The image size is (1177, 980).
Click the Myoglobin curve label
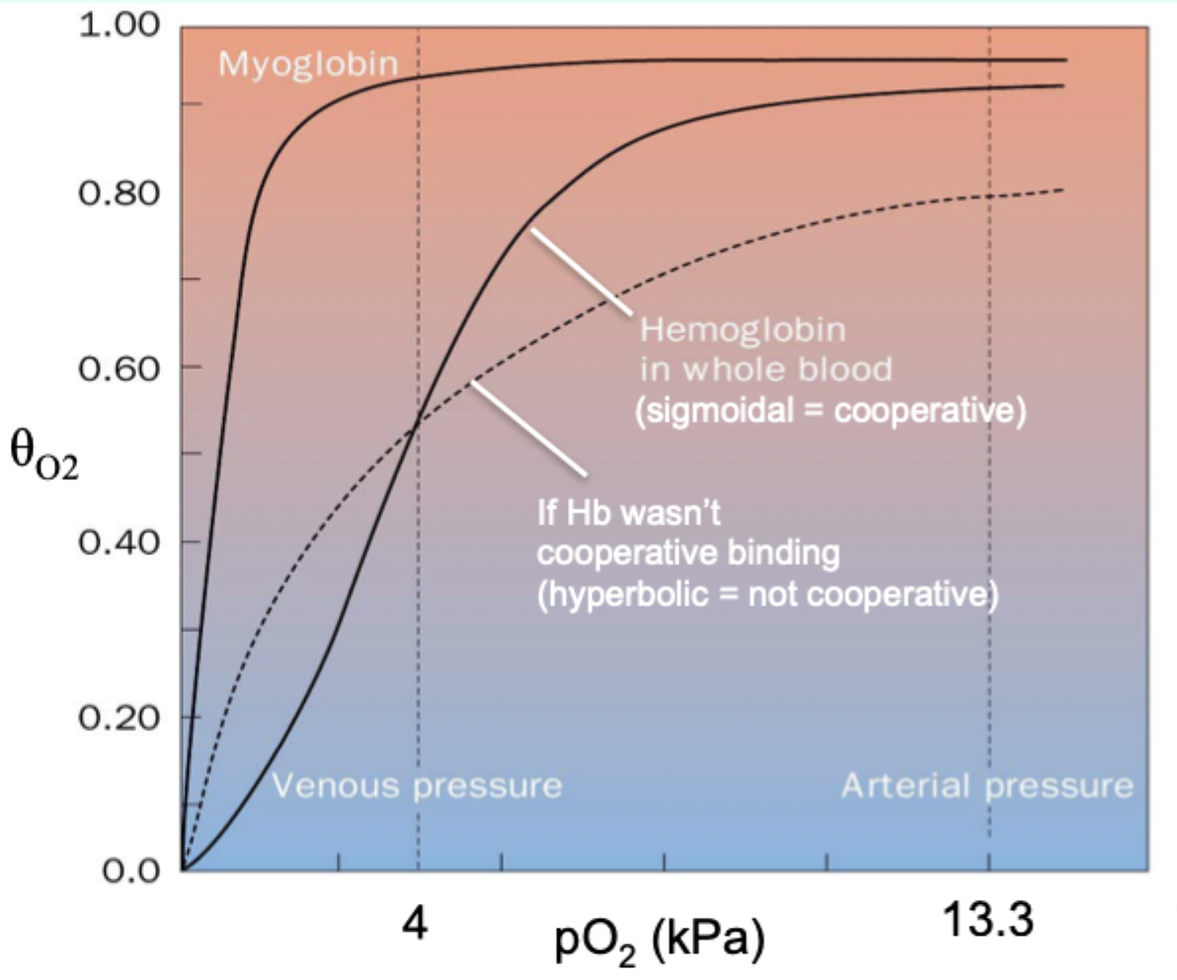coord(307,65)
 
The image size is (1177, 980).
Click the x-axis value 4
coord(418,927)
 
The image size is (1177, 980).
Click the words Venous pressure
coord(416,786)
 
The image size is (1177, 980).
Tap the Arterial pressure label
coord(986,786)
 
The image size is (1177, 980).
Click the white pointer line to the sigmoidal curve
coord(581,273)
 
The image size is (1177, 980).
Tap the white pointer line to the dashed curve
coord(526,427)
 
